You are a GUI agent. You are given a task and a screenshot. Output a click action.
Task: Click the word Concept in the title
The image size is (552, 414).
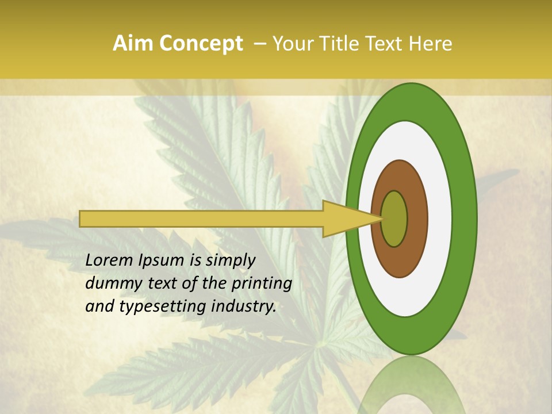coord(201,44)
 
